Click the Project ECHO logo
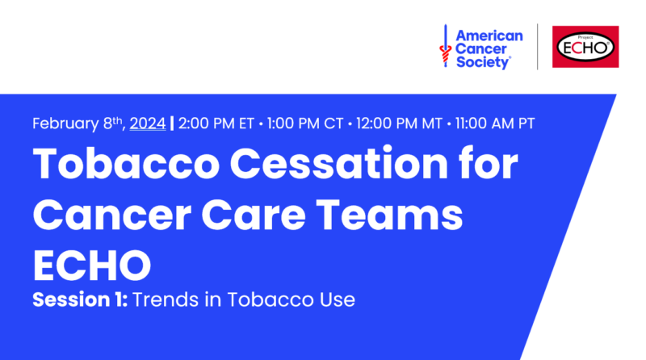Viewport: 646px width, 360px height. [x=585, y=47]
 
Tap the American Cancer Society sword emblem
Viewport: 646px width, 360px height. [x=446, y=46]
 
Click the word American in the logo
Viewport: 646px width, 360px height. [x=489, y=36]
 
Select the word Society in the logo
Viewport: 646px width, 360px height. [x=483, y=63]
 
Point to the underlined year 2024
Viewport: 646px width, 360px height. [x=148, y=123]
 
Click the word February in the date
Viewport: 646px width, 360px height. [x=65, y=123]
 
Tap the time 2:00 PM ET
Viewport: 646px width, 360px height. [x=216, y=123]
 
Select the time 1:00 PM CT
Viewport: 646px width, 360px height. [x=305, y=123]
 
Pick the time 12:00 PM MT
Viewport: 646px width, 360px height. [x=399, y=123]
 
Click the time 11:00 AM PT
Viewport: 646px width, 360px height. [x=495, y=123]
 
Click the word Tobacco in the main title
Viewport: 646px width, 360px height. [x=126, y=164]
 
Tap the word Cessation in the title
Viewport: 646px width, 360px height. [x=338, y=164]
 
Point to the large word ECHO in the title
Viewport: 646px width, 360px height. [x=92, y=266]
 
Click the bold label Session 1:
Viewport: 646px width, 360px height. [x=80, y=299]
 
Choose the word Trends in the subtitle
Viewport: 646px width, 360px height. [x=166, y=299]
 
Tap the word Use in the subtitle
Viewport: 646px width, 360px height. [x=338, y=299]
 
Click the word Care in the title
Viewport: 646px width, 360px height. [x=254, y=215]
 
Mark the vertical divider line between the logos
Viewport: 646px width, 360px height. [x=537, y=47]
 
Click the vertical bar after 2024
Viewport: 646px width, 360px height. [x=172, y=123]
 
